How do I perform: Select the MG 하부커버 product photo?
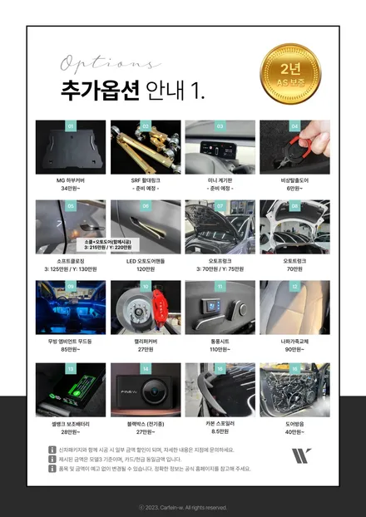click(70, 147)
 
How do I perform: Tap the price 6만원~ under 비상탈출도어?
click(294, 189)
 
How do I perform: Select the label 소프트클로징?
click(70, 259)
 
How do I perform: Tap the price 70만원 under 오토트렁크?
click(294, 268)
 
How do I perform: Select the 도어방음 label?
click(294, 421)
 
